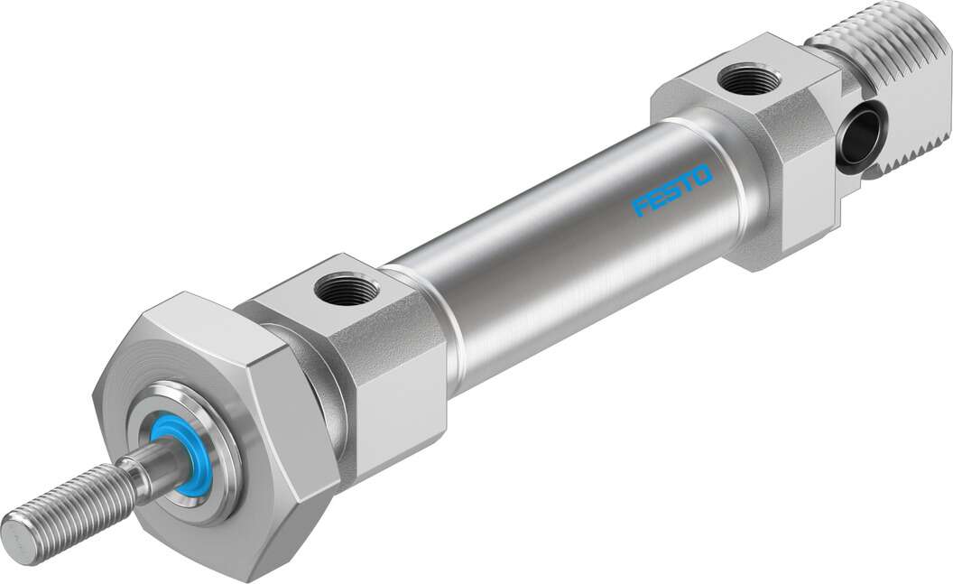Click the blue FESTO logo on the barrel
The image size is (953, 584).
pyautogui.click(x=672, y=190)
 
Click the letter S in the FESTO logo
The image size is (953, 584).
pyautogui.click(x=672, y=190)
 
